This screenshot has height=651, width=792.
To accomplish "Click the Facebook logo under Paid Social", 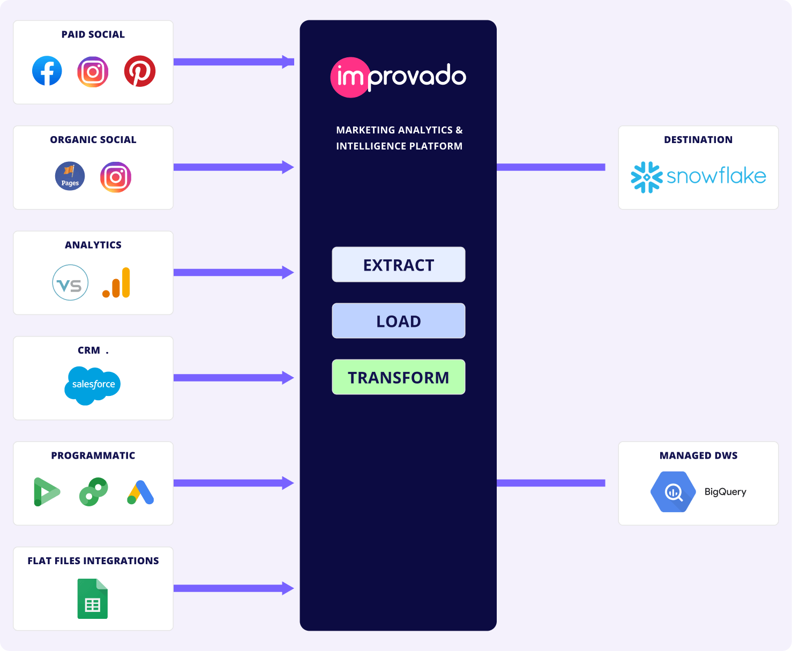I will click(47, 71).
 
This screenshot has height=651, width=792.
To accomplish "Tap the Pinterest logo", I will click(140, 71).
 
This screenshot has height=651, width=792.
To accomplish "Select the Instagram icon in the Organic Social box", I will click(116, 177).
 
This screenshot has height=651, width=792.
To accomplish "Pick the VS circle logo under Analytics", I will click(70, 282).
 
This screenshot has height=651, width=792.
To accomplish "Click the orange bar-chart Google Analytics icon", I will click(117, 283).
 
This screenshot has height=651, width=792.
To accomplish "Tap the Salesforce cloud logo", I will click(93, 385).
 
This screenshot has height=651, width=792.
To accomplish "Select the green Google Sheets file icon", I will click(93, 598).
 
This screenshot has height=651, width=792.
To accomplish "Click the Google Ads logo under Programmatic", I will click(141, 492).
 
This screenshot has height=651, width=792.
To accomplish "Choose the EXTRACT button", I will click(399, 265).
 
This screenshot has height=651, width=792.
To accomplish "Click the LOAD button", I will click(399, 321).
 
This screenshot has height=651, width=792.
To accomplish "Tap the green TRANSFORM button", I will click(399, 377).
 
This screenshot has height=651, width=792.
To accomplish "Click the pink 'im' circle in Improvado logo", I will click(350, 78).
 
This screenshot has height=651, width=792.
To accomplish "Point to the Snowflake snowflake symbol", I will click(647, 177).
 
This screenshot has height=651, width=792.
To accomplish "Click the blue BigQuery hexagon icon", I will click(673, 492).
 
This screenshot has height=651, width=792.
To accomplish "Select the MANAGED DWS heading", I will click(698, 455).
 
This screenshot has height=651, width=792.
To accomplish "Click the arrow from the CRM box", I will click(234, 378).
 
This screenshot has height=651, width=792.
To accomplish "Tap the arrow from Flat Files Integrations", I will click(234, 588).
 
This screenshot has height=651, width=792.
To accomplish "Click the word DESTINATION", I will click(698, 140).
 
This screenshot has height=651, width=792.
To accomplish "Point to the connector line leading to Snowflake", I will click(551, 167).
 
